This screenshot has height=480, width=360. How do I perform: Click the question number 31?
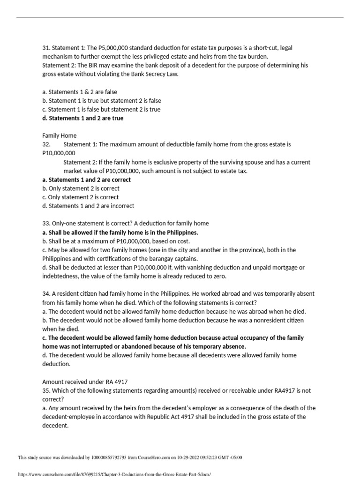point(46,48)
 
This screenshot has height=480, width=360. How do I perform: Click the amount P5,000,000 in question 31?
point(96,48)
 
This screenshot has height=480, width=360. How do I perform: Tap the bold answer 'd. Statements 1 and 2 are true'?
point(83,118)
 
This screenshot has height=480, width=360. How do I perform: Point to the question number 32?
point(46,144)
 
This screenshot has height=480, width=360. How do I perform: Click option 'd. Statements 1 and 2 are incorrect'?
point(88,206)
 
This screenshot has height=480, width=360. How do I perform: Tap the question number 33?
point(46,224)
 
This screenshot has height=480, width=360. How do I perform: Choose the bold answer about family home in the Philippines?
point(120,232)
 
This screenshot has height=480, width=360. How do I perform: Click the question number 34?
point(46,294)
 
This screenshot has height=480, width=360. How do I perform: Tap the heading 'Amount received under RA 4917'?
point(85,382)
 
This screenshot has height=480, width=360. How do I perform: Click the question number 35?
point(46,390)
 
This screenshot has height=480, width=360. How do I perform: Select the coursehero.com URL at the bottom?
point(115,474)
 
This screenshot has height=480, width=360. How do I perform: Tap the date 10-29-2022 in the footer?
point(190,457)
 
